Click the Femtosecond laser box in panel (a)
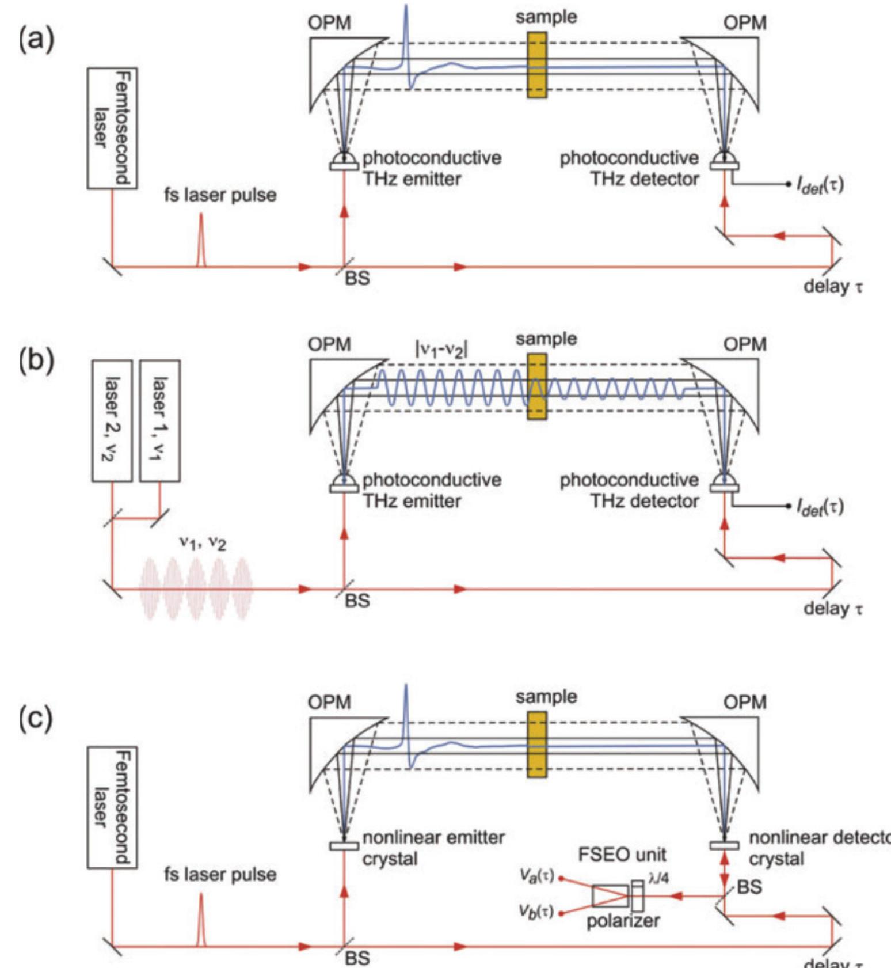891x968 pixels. coord(112,128)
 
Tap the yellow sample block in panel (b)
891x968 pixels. coord(537,386)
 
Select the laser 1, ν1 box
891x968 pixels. coord(160,420)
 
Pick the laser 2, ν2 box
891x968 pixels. coord(112,420)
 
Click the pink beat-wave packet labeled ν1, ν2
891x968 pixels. coord(196,589)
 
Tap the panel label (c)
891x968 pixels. coord(36,719)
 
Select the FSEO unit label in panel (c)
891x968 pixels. coord(622,855)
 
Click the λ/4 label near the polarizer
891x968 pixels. coord(658,878)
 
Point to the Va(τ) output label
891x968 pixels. coord(536,876)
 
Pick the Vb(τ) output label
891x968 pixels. coord(536,911)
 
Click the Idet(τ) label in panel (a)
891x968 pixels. coord(820,185)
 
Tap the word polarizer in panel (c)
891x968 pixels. coord(623,921)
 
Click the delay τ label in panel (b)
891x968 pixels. coord(833,608)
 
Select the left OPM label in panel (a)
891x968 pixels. coord(329,23)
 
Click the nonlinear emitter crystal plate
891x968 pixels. coord(344,845)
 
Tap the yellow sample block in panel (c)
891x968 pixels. coord(537,744)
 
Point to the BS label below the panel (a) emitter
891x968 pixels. coord(357,279)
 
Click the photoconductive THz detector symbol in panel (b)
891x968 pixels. coord(724,484)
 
